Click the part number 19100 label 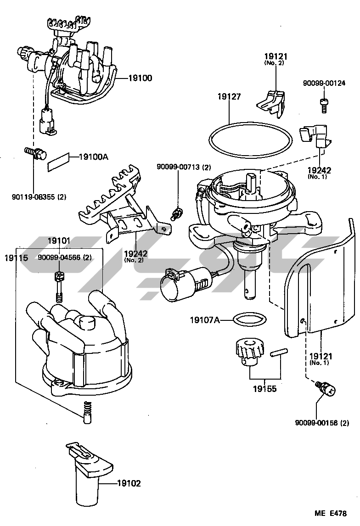[140, 78]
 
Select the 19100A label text [94, 157]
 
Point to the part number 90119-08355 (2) [39, 196]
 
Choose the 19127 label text [229, 96]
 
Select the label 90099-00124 [324, 83]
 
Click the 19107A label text [205, 320]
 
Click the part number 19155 [264, 389]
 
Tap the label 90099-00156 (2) [322, 423]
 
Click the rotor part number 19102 [129, 483]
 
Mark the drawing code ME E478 [331, 513]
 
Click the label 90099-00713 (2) [183, 167]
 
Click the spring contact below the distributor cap [87, 412]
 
